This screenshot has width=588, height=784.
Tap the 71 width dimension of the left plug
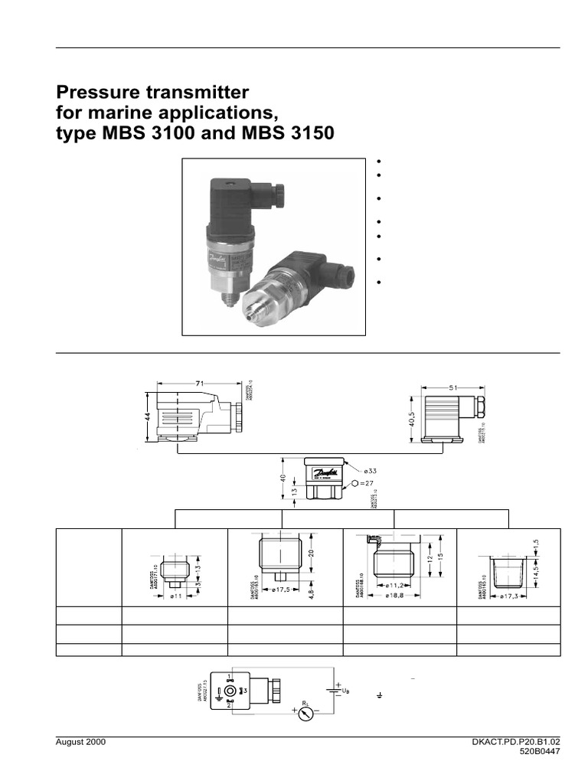(x=198, y=381)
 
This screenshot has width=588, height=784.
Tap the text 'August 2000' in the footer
(x=81, y=743)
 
